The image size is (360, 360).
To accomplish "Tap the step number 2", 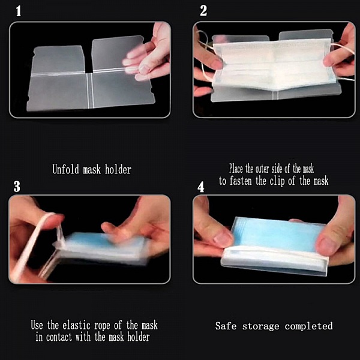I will tap(203, 11).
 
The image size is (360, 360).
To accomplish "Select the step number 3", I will tap(17, 186).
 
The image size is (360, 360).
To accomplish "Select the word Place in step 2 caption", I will tap(241, 169).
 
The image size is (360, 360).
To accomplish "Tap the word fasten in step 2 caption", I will tap(247, 181).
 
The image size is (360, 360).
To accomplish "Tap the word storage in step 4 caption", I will tap(262, 326).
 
